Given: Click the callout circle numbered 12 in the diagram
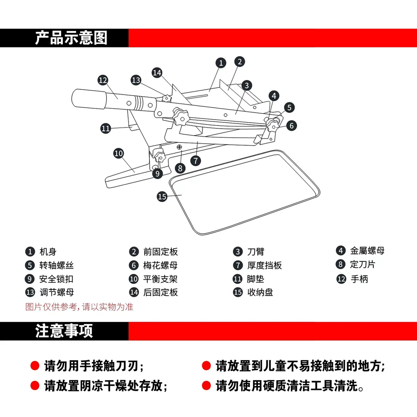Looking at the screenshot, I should click(x=102, y=80).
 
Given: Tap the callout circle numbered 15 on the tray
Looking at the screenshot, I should click(x=162, y=197).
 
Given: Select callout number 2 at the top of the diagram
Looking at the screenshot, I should click(x=239, y=61).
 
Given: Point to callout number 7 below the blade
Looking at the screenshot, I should click(x=196, y=160).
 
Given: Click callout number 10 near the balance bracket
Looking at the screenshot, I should click(x=119, y=153).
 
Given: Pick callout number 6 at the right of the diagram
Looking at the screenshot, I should click(x=292, y=125).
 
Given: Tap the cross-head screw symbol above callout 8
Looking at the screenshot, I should click(x=180, y=147).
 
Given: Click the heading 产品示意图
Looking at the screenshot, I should click(x=71, y=38).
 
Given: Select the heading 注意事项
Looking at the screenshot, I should click(x=64, y=331).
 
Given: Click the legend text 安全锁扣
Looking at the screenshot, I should click(x=56, y=279).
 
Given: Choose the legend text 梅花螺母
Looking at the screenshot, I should click(x=160, y=266).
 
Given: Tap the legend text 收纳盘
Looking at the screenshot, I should click(x=260, y=292).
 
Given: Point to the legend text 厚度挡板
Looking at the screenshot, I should click(x=264, y=266).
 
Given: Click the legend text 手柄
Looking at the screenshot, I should click(x=359, y=279).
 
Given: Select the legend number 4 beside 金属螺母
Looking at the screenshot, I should click(x=341, y=251).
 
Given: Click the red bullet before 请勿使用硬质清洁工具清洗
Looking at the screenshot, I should click(x=206, y=385).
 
